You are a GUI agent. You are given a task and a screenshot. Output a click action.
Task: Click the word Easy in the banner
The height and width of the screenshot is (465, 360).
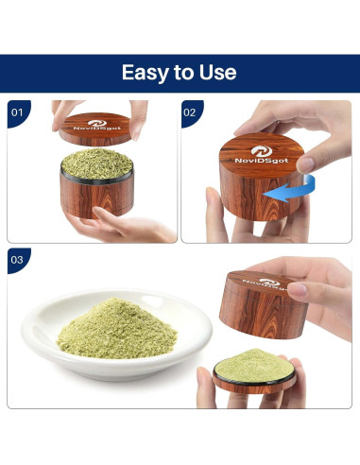pos(146,73)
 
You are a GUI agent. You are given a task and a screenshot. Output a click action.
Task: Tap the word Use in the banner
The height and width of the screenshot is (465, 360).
pos(217,72)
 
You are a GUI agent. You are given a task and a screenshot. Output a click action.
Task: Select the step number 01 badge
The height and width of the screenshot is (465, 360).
pos(18,113)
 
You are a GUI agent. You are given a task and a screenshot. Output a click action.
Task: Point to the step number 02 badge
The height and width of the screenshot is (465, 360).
pos(192,113)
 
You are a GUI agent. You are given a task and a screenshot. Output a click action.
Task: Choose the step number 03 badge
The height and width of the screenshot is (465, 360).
pos(18,260)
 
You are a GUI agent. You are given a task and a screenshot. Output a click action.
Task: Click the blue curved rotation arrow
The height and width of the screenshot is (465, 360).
pos(291,190)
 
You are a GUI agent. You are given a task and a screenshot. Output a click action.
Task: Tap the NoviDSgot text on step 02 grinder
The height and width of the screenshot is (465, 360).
pos(262,161)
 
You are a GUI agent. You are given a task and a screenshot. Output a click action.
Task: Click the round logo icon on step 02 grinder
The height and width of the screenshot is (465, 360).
pos(262,151)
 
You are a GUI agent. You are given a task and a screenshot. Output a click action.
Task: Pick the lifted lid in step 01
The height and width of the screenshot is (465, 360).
pos(95,129)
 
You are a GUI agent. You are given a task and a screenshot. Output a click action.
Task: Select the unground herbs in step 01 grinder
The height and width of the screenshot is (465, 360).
pos(97,164)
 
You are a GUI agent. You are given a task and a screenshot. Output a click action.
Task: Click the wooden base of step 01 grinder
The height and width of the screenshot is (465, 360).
pos(97,197)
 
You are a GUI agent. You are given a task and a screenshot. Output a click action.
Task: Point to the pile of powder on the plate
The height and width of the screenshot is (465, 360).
pos(117,329)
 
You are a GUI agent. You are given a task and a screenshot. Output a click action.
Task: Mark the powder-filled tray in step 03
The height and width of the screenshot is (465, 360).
pos(254,371)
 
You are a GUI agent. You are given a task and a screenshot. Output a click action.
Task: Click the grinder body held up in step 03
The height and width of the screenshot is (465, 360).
pos(263,304)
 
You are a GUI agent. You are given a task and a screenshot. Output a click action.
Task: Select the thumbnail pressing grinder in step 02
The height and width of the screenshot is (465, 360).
pos(305,164)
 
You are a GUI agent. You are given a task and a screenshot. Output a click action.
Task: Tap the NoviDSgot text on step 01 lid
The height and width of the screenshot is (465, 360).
pos(97,129)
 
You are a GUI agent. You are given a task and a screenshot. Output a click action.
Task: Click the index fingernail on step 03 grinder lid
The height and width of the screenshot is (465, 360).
pos(297,288)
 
